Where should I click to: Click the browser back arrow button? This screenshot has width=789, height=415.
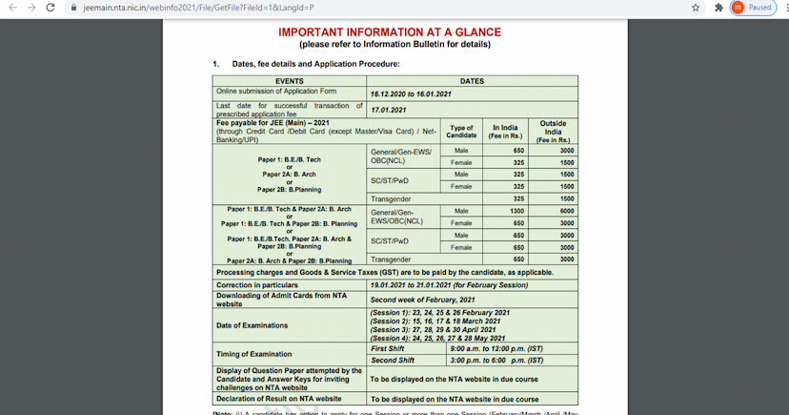(x=10, y=8)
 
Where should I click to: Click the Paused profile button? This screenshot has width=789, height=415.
(x=751, y=8)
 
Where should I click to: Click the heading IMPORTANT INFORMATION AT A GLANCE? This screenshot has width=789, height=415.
(x=389, y=32)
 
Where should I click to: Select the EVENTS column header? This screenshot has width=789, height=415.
(x=290, y=81)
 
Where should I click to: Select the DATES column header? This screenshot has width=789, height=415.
(x=472, y=81)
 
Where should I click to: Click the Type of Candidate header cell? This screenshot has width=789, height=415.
(x=461, y=132)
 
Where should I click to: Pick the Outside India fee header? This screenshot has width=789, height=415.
(x=553, y=132)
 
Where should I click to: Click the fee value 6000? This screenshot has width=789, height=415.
(x=566, y=211)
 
